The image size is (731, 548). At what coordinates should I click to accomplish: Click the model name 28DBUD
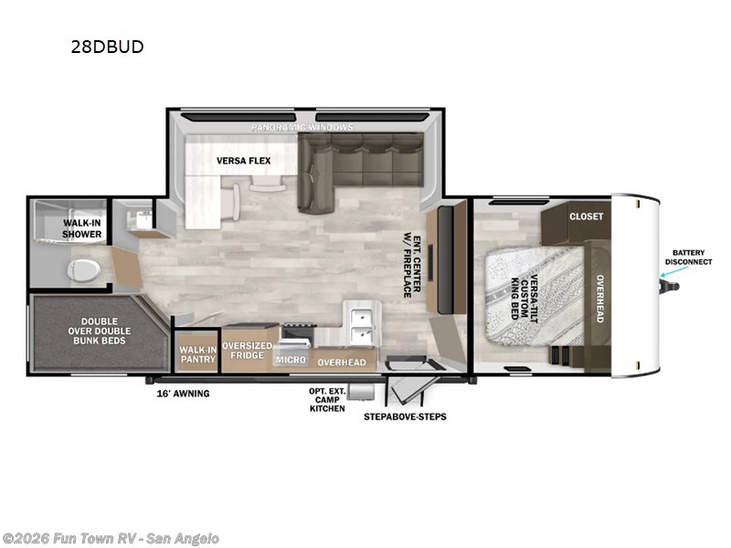(108, 47)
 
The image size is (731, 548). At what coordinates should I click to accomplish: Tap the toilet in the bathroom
(85, 269)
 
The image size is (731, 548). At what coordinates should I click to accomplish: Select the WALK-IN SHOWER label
(82, 228)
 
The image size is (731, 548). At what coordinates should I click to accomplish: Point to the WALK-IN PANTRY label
(197, 354)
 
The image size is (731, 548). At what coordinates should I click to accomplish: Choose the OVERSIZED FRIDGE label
(248, 352)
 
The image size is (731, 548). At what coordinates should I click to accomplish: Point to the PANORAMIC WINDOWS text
(302, 127)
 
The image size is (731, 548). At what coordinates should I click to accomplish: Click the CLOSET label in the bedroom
(586, 216)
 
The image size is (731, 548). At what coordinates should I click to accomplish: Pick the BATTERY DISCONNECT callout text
(692, 257)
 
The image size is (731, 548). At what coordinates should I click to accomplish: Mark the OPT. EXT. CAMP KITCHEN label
(326, 399)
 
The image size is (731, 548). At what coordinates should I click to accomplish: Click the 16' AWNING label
(183, 394)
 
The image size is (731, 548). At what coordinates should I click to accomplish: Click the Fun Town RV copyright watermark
(111, 538)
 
